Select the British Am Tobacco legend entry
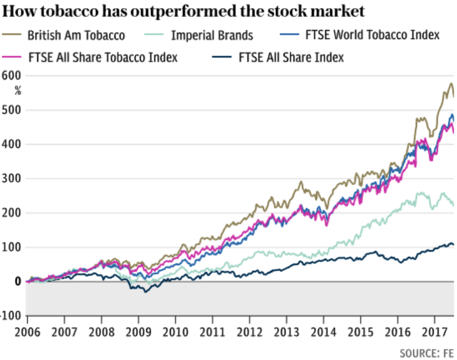pyautogui.click(x=76, y=36)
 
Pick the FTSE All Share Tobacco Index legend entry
pyautogui.click(x=102, y=57)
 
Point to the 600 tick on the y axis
pyautogui.click(x=12, y=76)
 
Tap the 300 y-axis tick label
pyautogui.click(x=12, y=178)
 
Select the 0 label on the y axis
pyautogui.click(x=18, y=282)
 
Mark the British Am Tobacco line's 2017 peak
pyautogui.click(x=451, y=83)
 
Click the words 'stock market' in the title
pyautogui.click(x=319, y=12)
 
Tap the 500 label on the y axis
pyautogui.click(x=12, y=110)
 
